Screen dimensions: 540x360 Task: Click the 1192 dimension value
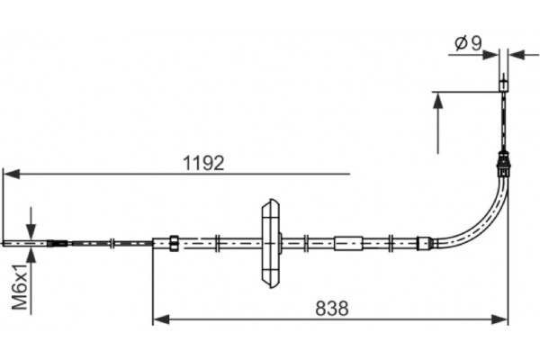[203, 163]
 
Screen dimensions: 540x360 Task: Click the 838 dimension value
[331, 309]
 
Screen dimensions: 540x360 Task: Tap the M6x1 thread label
[21, 286]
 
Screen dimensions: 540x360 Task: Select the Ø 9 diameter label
[469, 44]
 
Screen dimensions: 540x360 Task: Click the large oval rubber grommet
[271, 243]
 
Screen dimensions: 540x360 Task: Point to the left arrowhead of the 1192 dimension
[11, 174]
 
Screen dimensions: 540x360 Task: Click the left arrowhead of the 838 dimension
[161, 319]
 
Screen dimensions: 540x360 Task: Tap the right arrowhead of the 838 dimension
[499, 319]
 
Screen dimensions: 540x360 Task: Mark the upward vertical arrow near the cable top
[437, 123]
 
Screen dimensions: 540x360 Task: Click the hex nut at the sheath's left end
[174, 243]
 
